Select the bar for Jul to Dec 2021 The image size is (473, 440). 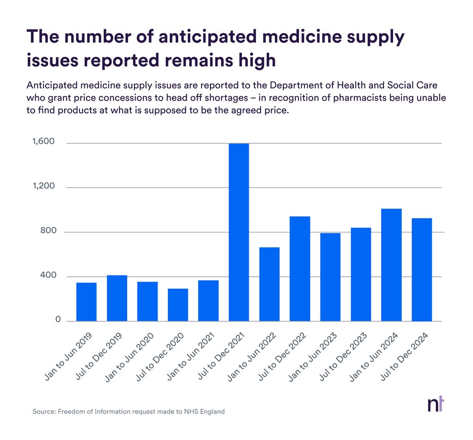[x=239, y=232]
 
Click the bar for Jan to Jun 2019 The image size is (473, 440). [x=87, y=302]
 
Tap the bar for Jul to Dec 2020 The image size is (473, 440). [x=178, y=305]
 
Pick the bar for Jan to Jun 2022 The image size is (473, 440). [x=269, y=284]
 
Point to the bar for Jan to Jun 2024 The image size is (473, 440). [x=391, y=265]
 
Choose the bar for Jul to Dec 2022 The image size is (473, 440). [x=300, y=269]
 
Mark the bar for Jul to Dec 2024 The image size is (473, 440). [x=422, y=270]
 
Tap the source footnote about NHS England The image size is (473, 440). [x=129, y=412]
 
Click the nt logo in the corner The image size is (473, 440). [x=436, y=405]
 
